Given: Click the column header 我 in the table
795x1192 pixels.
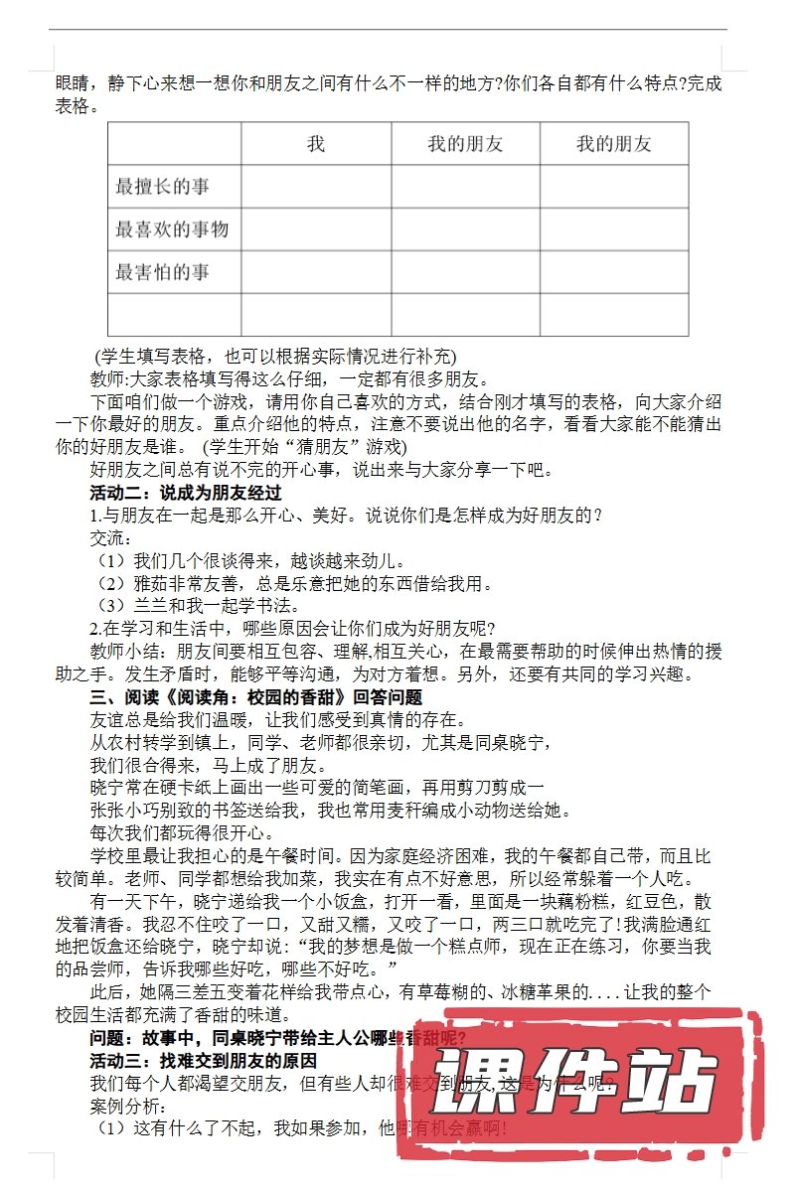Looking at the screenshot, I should (316, 144).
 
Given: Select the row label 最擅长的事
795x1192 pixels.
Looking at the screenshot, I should (163, 187).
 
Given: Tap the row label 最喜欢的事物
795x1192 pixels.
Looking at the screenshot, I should (172, 229).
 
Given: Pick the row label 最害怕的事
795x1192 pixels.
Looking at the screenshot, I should (163, 272).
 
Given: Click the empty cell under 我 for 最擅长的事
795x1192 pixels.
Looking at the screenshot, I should (316, 187).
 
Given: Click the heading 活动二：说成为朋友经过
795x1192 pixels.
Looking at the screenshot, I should (187, 492).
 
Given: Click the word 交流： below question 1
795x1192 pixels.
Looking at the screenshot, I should (110, 537).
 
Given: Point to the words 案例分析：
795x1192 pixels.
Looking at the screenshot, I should (126, 1105).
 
